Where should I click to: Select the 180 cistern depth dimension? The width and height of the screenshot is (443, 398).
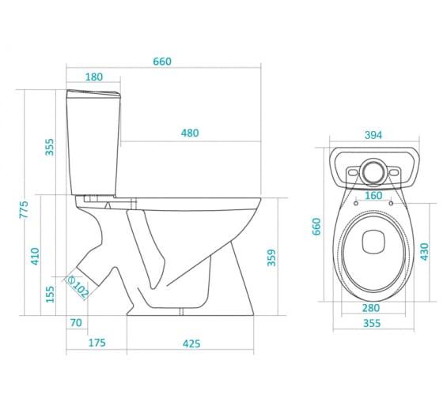94,77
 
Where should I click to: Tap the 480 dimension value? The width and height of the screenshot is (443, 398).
190,133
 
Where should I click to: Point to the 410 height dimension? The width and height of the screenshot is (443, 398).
35,256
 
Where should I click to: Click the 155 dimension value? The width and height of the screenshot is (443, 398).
50,295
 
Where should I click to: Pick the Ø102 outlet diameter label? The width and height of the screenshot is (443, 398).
78,287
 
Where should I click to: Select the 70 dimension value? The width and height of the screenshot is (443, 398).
76,323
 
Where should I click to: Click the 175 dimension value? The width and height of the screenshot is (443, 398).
97,343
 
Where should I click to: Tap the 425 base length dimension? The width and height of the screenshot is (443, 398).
191,344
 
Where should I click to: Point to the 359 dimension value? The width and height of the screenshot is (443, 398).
271,257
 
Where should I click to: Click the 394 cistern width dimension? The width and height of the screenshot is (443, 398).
373,135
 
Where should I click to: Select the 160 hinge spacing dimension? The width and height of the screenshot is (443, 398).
373,196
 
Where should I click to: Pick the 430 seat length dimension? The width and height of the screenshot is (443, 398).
424,252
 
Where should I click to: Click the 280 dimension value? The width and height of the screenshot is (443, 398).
371,308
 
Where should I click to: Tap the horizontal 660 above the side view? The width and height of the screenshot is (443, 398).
162,62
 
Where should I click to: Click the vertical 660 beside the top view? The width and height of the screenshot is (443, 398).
316,227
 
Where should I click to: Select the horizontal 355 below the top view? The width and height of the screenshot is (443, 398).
372,323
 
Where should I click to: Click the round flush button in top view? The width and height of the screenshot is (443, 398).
373,171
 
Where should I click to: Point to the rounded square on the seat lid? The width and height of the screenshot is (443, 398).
373,242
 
